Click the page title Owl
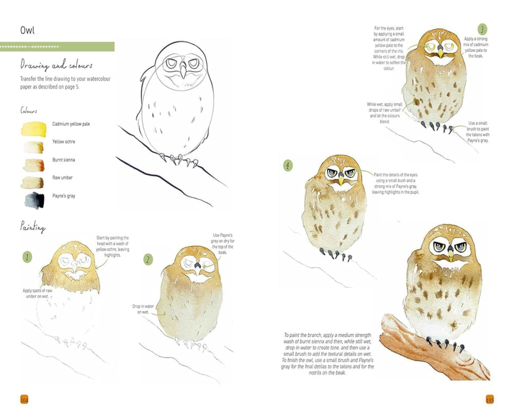pos(27,30)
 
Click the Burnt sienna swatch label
pos(64,160)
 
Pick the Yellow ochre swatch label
pos(63,141)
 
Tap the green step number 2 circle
pos(148,259)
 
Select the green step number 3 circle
pos(482,29)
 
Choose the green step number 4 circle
pos(288,166)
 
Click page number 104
pos(24,400)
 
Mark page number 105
pos(490,400)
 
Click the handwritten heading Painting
pos(33,227)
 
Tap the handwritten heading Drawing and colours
pos(57,66)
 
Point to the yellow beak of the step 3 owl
pos(440,52)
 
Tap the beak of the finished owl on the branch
pos(450,254)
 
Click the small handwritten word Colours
pos(28,111)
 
